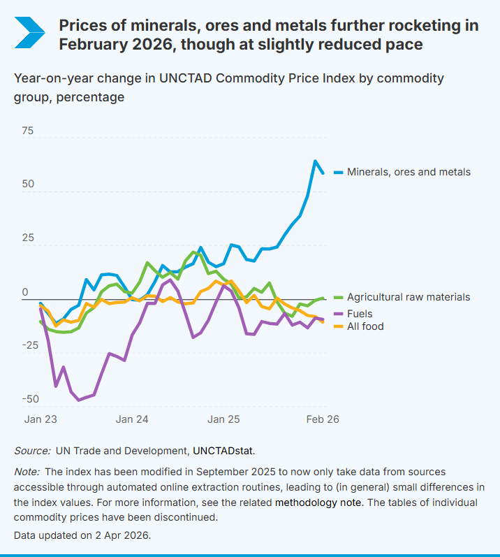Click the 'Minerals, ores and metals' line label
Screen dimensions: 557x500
pyautogui.click(x=409, y=172)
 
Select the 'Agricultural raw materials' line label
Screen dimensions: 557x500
pyautogui.click(x=409, y=297)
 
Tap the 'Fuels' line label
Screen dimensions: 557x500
pyautogui.click(x=360, y=314)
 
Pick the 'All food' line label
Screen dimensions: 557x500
pyautogui.click(x=365, y=326)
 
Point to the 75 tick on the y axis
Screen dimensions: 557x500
pyautogui.click(x=27, y=131)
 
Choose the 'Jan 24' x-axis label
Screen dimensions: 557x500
pyautogui.click(x=132, y=419)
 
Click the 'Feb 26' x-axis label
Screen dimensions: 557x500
pyautogui.click(x=323, y=419)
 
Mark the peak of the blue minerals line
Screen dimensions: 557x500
pyautogui.click(x=316, y=161)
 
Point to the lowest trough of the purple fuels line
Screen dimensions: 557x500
pyautogui.click(x=79, y=400)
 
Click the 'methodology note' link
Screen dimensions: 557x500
pyautogui.click(x=318, y=502)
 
